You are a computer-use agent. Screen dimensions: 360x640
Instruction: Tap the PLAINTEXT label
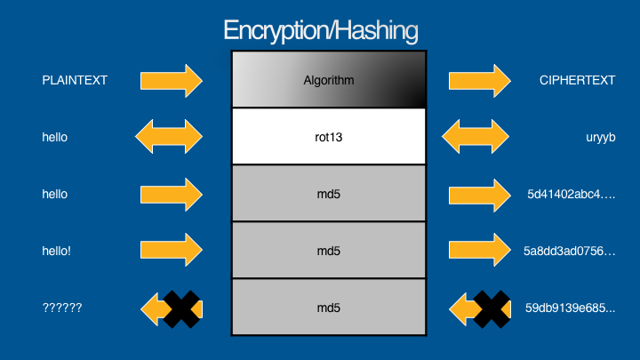75,80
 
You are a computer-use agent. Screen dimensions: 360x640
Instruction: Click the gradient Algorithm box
329,80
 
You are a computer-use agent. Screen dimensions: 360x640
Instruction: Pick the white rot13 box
329,137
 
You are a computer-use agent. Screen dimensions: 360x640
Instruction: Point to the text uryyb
574,138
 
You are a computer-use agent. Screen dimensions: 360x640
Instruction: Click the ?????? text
62,308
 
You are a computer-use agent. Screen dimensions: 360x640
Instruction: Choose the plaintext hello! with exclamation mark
56,251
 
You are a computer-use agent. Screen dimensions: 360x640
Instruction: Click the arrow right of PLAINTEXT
172,80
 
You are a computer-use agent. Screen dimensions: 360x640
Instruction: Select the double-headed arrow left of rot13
169,137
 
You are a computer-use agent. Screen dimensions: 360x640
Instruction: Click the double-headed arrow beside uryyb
476,137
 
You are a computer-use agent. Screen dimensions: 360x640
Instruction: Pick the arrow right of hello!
172,251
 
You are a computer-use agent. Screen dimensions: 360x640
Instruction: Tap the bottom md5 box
329,308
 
